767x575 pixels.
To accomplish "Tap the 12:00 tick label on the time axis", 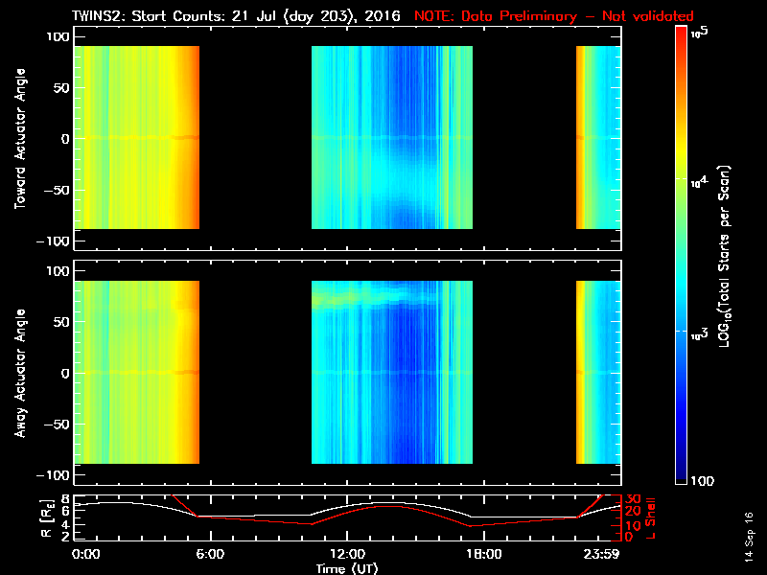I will [x=346, y=555].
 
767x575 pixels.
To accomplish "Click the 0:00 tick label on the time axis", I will [x=86, y=555].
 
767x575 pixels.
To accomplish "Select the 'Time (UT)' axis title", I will [x=348, y=568].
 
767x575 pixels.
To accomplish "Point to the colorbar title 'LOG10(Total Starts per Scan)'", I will [x=729, y=254].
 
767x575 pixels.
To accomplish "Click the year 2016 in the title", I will [x=383, y=16].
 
